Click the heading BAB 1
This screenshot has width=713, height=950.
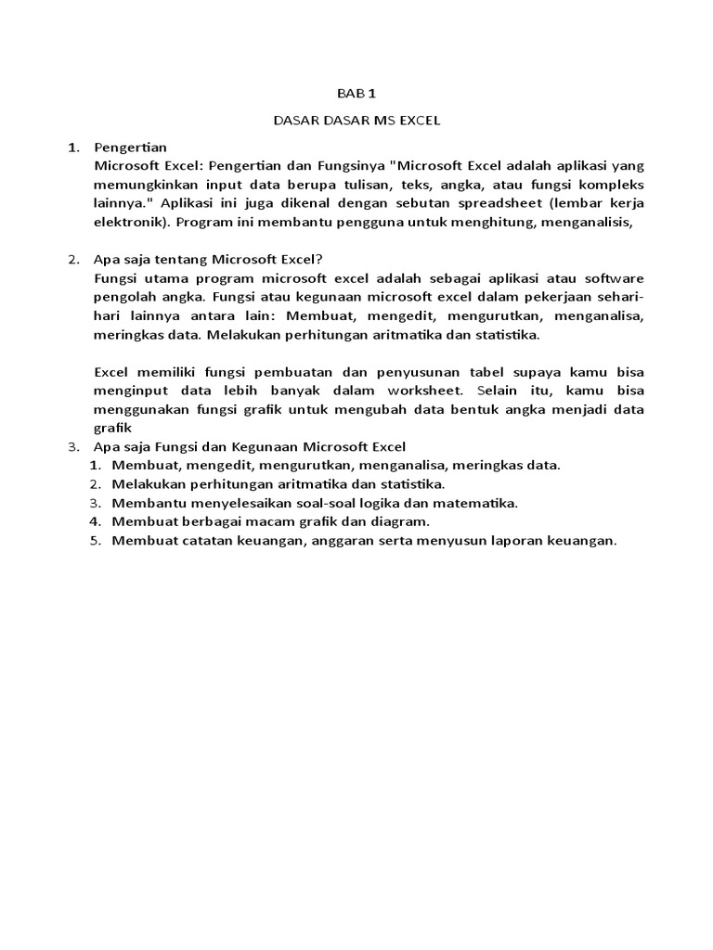[x=356, y=94]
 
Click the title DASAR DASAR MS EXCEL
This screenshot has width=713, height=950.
[x=356, y=121]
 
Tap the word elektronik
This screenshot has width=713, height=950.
[x=131, y=223]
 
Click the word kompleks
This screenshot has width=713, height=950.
[x=609, y=185]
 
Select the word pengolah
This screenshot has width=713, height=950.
[x=123, y=297]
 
